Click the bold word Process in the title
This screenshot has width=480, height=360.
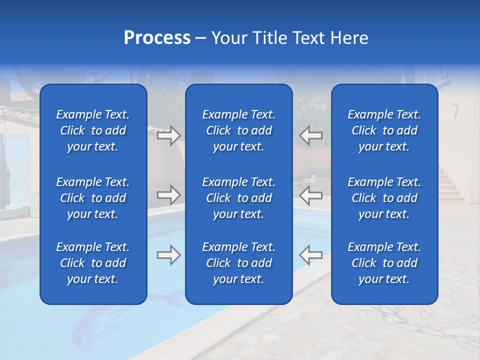157,38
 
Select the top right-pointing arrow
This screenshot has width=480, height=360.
168,135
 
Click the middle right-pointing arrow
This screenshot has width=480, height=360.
168,195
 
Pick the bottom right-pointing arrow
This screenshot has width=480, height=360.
168,255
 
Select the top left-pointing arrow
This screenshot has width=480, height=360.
311,135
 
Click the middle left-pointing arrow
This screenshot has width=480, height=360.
311,195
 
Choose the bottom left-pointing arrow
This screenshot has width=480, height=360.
311,255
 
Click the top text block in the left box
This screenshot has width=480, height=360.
93,130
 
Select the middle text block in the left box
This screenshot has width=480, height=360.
93,198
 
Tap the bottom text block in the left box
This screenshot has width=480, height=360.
93,263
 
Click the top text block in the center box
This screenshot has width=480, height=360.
238,130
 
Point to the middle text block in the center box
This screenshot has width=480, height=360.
238,198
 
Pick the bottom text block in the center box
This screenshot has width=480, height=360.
238,263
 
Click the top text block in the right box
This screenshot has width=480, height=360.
384,130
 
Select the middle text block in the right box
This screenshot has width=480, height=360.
384,198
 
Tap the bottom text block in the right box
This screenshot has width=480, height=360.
384,263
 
